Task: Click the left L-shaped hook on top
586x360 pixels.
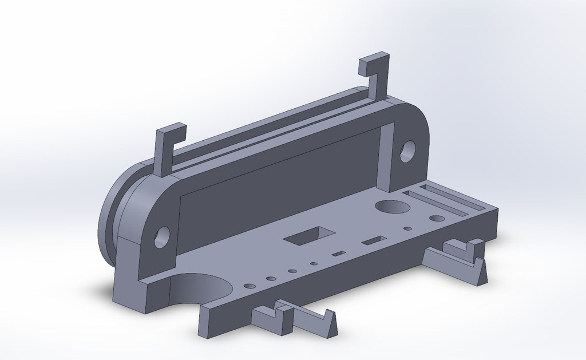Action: pos(163,150)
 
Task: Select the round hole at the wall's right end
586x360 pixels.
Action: pos(407,151)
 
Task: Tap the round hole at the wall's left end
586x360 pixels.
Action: pos(162,236)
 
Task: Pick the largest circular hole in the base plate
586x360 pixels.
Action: pos(389,207)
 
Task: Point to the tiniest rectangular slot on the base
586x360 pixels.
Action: pos(339,253)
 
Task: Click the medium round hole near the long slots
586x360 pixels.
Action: pos(437,218)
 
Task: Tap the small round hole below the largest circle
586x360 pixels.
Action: pos(407,228)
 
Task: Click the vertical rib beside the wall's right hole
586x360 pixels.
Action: pos(387,155)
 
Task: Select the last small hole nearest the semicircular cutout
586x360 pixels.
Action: pos(250,285)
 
